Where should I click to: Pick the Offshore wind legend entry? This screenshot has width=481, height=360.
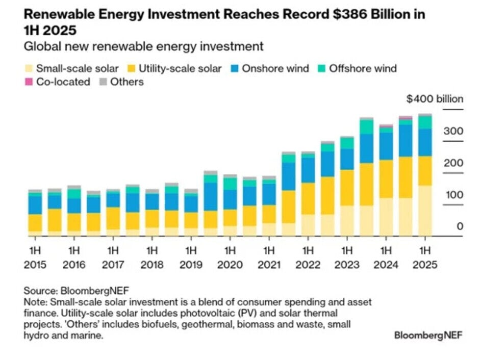point(363,68)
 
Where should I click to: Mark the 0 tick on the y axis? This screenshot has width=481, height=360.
point(460,226)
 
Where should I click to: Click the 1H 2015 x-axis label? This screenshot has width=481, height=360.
point(35,258)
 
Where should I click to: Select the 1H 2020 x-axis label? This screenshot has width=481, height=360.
point(230,258)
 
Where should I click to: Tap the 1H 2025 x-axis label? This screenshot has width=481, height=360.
point(425,258)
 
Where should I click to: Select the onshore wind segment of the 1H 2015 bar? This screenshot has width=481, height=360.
point(35,205)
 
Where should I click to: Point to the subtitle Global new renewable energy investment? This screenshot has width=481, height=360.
point(144,46)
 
